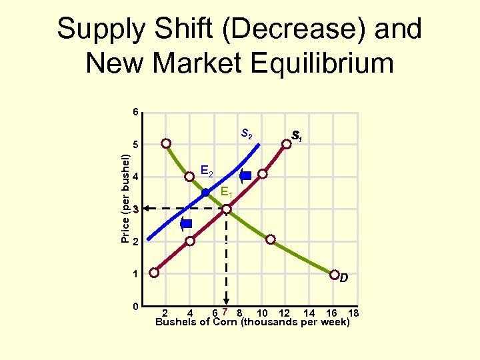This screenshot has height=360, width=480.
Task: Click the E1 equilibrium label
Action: [x=227, y=193]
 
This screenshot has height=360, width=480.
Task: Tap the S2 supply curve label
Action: [x=246, y=134]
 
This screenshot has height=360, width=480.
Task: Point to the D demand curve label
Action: [x=343, y=277]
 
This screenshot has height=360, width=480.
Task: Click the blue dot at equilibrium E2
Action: [x=205, y=193]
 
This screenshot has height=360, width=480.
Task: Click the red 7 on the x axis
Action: [x=226, y=312]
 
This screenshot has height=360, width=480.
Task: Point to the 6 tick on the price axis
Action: [x=135, y=111]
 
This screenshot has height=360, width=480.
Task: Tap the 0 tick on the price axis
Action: [x=135, y=306]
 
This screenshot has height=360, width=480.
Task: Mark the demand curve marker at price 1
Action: [x=334, y=273]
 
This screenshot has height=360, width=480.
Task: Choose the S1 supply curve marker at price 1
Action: [x=155, y=273]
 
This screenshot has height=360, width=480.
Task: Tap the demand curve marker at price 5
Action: [x=165, y=143]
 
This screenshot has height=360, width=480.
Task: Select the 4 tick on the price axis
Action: [x=135, y=177]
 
